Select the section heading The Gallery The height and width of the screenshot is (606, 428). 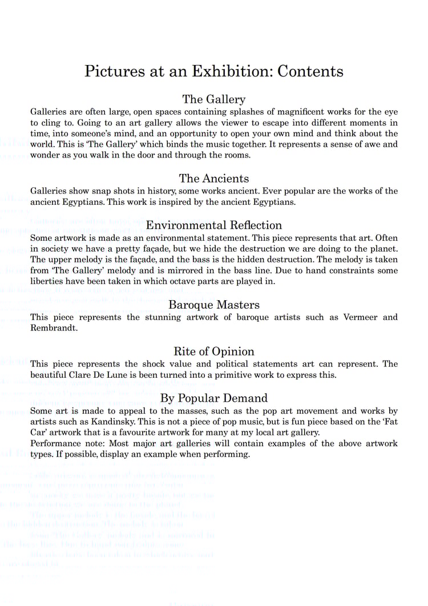(214, 99)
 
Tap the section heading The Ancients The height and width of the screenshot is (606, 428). (214, 179)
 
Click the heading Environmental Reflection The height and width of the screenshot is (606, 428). (214, 225)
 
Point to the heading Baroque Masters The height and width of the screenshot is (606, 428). (214, 305)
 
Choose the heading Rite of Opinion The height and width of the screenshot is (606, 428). (214, 351)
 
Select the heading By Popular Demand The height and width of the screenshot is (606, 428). (214, 398)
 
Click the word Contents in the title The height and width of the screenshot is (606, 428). (310, 71)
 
